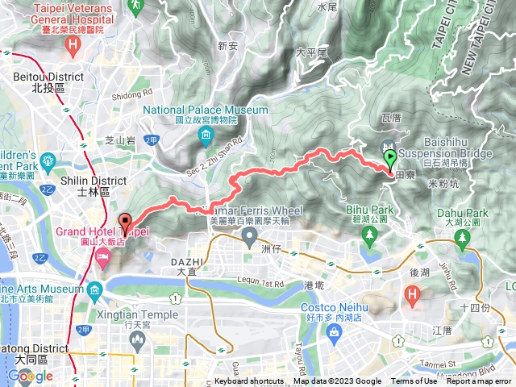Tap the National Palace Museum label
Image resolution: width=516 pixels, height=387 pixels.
tap(206, 110)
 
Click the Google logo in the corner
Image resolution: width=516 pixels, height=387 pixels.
tap(30, 376)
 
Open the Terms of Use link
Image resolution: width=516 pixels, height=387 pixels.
tap(414, 381)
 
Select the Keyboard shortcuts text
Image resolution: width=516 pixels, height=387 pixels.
tap(249, 381)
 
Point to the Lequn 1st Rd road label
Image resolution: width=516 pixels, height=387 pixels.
tap(262, 285)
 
